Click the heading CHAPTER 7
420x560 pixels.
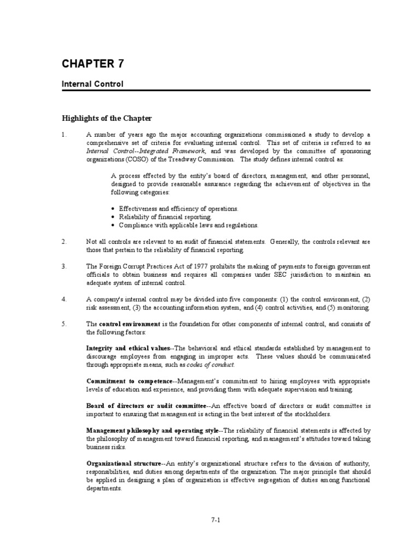click(x=92, y=64)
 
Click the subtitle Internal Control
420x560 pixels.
click(x=92, y=84)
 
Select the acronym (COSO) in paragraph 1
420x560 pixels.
click(x=141, y=159)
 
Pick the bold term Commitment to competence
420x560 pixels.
click(x=129, y=381)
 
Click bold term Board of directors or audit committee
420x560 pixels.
click(x=146, y=406)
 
